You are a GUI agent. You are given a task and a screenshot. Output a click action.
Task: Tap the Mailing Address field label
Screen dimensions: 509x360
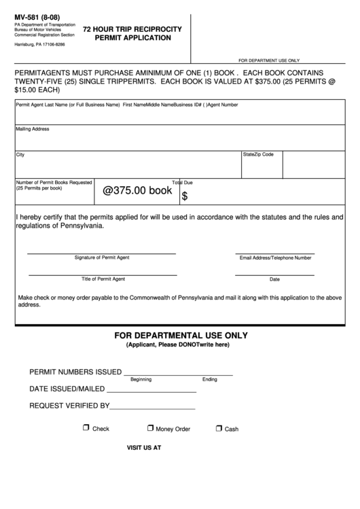click(x=32, y=128)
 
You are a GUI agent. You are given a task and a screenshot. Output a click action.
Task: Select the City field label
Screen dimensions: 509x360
click(x=20, y=155)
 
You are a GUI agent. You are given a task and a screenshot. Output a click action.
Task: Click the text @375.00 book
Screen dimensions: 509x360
click(x=137, y=191)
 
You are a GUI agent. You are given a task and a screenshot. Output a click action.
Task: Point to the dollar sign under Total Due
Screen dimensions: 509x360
click(x=185, y=196)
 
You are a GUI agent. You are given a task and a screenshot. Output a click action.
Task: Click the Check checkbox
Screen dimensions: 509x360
click(x=86, y=428)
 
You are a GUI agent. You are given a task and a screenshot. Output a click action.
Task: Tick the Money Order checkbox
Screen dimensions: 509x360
click(x=151, y=428)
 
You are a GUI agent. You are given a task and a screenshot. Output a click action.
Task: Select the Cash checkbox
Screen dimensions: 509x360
click(x=219, y=428)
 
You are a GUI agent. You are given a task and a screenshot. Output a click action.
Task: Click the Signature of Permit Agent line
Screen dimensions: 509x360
click(x=101, y=253)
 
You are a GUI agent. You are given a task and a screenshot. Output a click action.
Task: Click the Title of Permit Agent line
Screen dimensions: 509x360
click(x=103, y=275)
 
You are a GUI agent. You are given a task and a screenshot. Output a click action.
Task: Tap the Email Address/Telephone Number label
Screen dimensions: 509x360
click(x=275, y=258)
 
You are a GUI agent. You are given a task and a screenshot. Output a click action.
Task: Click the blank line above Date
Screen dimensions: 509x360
click(x=274, y=275)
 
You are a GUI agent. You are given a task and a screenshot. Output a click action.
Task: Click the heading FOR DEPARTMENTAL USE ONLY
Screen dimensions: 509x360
click(x=181, y=336)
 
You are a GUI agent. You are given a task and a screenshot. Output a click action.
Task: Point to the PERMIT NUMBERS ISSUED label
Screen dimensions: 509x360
click(x=75, y=372)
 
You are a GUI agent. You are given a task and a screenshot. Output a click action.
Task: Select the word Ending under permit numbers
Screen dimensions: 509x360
click(x=209, y=379)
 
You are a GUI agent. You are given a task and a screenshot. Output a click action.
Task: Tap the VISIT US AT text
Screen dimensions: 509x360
click(x=144, y=448)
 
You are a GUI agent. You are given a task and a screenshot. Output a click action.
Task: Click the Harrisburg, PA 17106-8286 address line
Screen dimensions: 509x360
click(x=40, y=43)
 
